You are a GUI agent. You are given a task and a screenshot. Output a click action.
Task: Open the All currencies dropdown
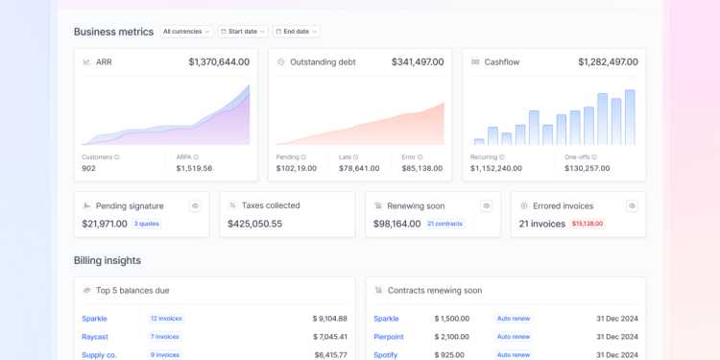pyautogui.click(x=186, y=32)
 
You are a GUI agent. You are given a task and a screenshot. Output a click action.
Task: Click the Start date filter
pyautogui.click(x=242, y=32)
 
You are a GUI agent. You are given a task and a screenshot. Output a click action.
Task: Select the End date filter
pyautogui.click(x=296, y=32)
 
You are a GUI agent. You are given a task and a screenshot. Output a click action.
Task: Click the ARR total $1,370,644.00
pyautogui.click(x=219, y=62)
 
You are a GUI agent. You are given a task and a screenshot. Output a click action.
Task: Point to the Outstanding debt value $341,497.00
pyautogui.click(x=418, y=62)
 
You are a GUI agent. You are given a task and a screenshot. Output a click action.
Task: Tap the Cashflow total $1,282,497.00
pyautogui.click(x=608, y=62)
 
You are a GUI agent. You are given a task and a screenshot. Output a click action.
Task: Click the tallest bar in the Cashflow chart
pyautogui.click(x=630, y=117)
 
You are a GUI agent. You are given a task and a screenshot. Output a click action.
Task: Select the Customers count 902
pyautogui.click(x=88, y=168)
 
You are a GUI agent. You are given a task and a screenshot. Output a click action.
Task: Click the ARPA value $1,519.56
pyautogui.click(x=194, y=168)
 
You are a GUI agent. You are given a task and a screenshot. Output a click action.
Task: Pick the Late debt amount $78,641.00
pyautogui.click(x=359, y=168)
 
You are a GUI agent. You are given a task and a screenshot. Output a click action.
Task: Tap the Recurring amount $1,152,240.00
pyautogui.click(x=496, y=168)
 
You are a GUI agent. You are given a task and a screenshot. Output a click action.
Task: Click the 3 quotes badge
pyautogui.click(x=146, y=224)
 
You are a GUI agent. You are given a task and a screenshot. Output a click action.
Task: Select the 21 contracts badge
pyautogui.click(x=444, y=224)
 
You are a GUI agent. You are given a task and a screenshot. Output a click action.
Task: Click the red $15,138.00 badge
pyautogui.click(x=587, y=224)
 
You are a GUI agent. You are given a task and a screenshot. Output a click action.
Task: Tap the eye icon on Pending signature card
pyautogui.click(x=195, y=205)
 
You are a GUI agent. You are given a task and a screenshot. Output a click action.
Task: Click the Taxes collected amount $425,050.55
pyautogui.click(x=254, y=224)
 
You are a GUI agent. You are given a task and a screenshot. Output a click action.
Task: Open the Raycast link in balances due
pyautogui.click(x=95, y=337)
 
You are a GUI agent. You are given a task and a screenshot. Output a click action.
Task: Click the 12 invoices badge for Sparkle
pyautogui.click(x=165, y=319)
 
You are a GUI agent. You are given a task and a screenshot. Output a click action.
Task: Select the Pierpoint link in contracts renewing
pyautogui.click(x=389, y=337)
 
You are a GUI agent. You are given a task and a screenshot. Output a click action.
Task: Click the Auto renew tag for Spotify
pyautogui.click(x=514, y=355)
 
